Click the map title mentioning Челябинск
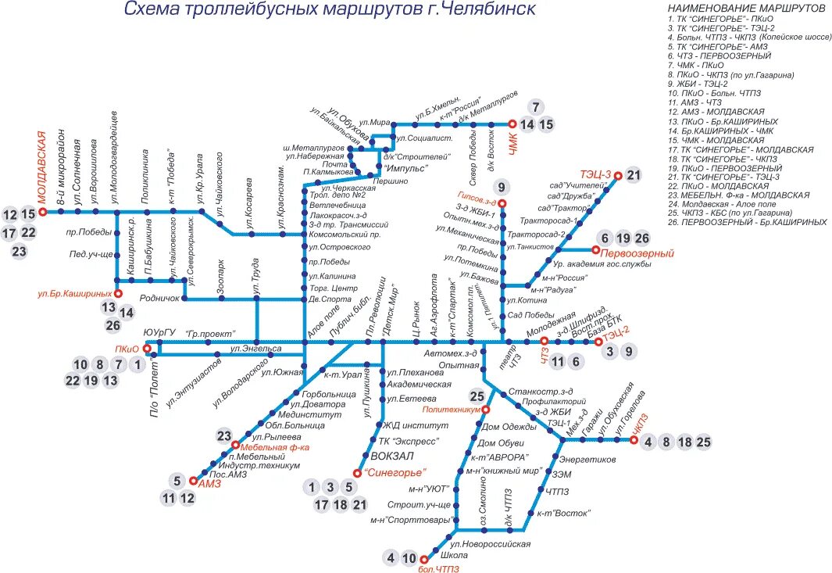point(330,10)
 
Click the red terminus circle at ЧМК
point(512,124)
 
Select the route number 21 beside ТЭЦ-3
point(634,175)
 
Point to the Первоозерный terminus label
point(643,254)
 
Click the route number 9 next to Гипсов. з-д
point(501,186)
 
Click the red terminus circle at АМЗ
point(195,482)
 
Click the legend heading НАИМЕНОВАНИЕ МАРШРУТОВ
point(746,7)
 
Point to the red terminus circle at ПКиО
point(147,349)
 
